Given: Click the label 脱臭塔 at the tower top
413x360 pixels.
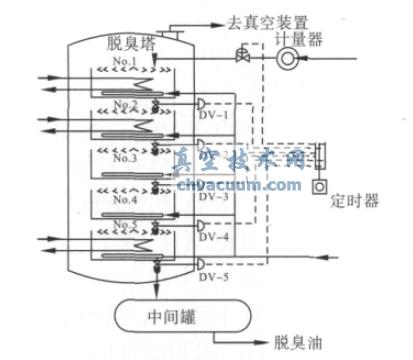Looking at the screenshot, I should point(128,43).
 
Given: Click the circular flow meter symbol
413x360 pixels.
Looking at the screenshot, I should point(288,59).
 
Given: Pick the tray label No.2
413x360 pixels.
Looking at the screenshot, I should point(153,105).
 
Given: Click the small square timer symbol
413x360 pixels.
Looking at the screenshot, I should point(320,185).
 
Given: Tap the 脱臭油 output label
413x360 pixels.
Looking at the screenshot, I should point(296,343).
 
